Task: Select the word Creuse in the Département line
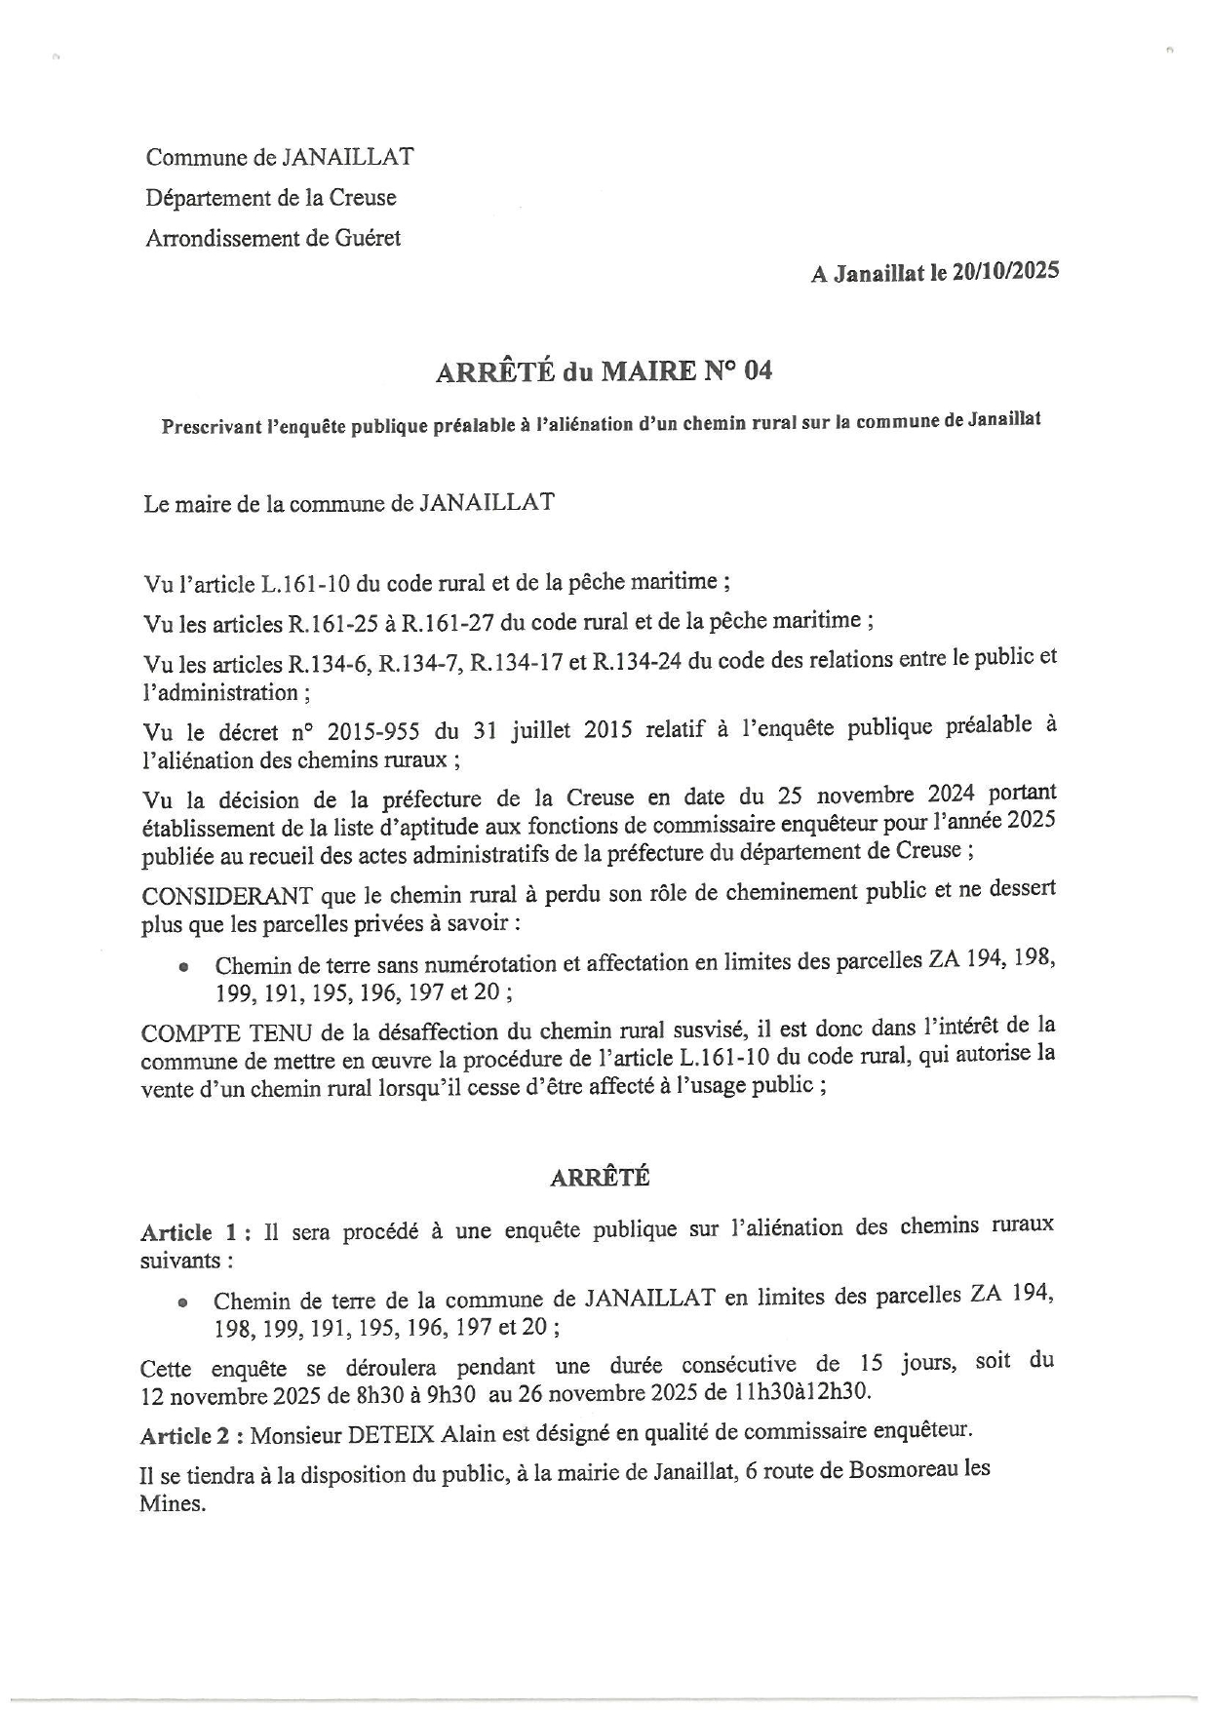click(x=362, y=198)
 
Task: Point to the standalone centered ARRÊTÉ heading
click(x=600, y=1177)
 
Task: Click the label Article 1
click(x=195, y=1232)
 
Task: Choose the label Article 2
click(x=195, y=1435)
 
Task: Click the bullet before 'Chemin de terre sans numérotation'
click(x=182, y=968)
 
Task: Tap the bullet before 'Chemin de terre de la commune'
click(x=182, y=1303)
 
